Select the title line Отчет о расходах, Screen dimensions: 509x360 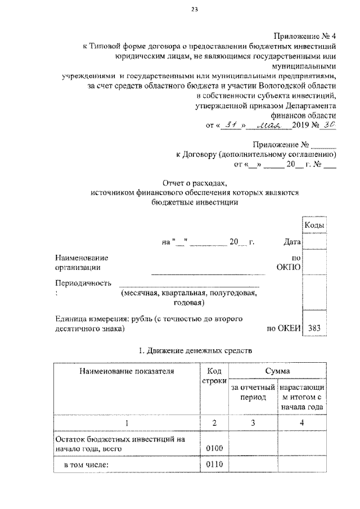tap(194, 183)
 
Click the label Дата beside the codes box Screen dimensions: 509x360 tap(292, 242)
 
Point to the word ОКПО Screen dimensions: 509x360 tap(289, 267)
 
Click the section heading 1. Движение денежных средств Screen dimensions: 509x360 tap(195, 350)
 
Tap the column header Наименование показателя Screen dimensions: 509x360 tap(127, 371)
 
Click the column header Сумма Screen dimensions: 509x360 tap(278, 371)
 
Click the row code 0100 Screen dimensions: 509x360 tap(215, 448)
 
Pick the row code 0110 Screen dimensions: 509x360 tap(215, 465)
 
